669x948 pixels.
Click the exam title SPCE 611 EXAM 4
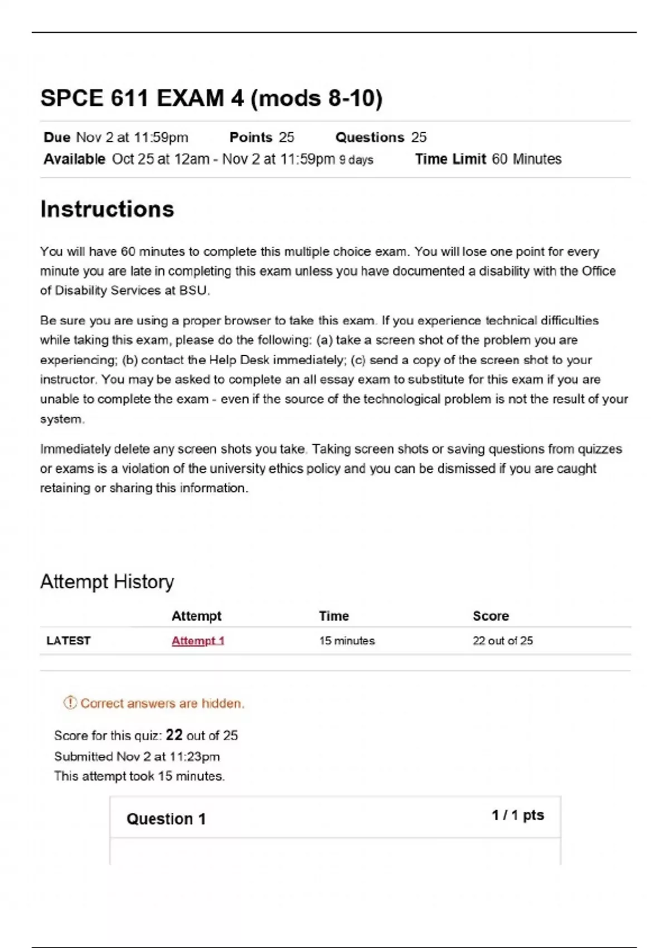pyautogui.click(x=211, y=99)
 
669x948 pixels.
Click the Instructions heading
pyautogui.click(x=107, y=210)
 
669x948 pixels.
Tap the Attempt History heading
pyautogui.click(x=107, y=582)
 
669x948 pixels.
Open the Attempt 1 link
pyautogui.click(x=198, y=641)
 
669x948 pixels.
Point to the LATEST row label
pyautogui.click(x=69, y=641)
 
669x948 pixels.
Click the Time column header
pyautogui.click(x=334, y=616)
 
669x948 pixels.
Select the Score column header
pyautogui.click(x=491, y=616)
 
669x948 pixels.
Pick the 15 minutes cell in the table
pyautogui.click(x=347, y=641)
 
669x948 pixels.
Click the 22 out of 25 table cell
pyautogui.click(x=503, y=641)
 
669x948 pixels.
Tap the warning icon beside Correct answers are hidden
pyautogui.click(x=70, y=703)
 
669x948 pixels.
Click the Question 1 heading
pyautogui.click(x=166, y=819)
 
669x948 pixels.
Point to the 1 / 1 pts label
pyautogui.click(x=517, y=815)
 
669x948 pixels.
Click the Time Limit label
pyautogui.click(x=450, y=159)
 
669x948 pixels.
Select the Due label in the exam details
pyautogui.click(x=57, y=138)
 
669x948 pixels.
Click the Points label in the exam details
pyautogui.click(x=251, y=138)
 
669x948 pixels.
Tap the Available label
pyautogui.click(x=74, y=159)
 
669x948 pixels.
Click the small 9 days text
pyautogui.click(x=356, y=160)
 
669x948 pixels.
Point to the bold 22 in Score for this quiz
pyautogui.click(x=174, y=735)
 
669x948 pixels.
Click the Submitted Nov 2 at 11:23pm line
pyautogui.click(x=137, y=757)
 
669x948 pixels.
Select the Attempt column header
pyautogui.click(x=196, y=616)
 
